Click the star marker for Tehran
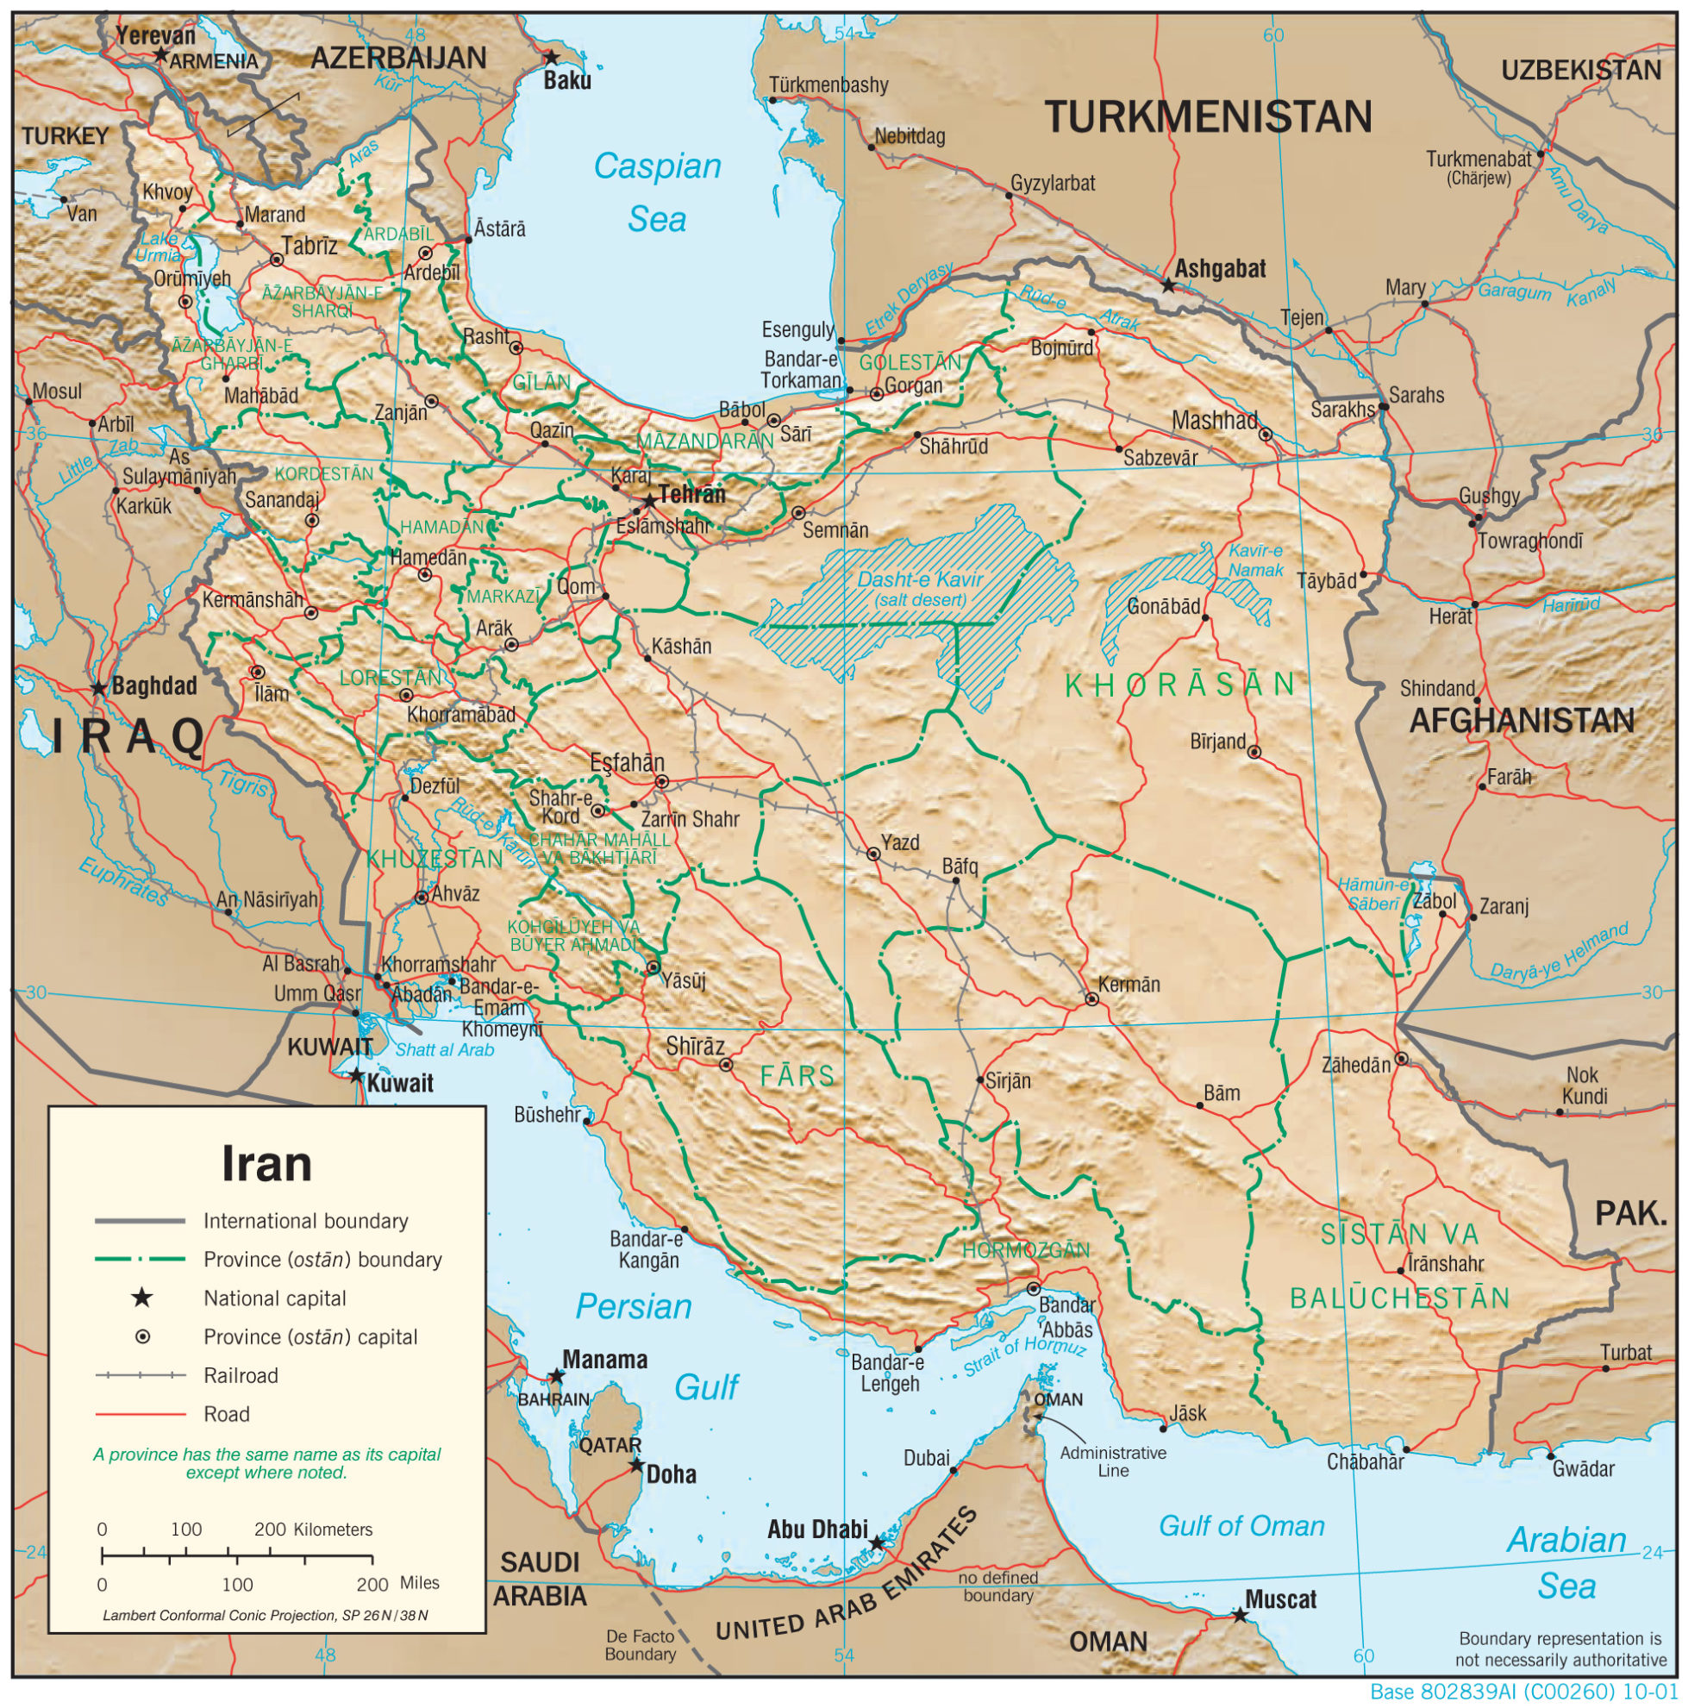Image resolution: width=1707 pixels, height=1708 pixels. [650, 501]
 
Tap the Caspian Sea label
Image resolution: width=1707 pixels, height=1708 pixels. [658, 192]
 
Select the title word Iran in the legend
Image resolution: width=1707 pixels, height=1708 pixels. [266, 1163]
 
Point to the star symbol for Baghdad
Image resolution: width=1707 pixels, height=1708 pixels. [99, 689]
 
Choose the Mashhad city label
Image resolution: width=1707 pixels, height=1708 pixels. [1214, 421]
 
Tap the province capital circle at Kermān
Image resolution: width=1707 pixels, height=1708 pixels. [1091, 999]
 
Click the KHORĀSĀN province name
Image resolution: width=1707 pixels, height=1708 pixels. [1180, 685]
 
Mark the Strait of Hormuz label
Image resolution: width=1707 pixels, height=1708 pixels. [1023, 1357]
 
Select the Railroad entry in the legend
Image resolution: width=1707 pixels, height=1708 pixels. [241, 1375]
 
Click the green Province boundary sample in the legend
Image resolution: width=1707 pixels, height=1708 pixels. [140, 1259]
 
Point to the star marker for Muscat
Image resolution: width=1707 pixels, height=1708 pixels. [1241, 1616]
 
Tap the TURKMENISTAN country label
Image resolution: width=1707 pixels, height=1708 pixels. [1208, 117]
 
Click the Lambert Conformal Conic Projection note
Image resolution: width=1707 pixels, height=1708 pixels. [266, 1615]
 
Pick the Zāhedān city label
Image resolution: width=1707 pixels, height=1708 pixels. [1355, 1066]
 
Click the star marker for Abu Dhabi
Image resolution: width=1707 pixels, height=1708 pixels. [876, 1542]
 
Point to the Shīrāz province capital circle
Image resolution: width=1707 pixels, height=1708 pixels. [726, 1066]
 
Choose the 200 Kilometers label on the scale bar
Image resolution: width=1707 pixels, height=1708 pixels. [313, 1530]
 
